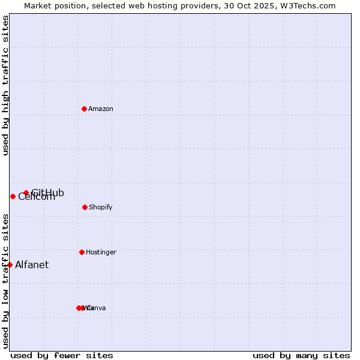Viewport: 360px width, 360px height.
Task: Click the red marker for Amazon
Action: [84, 109]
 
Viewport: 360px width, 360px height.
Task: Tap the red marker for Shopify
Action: [85, 207]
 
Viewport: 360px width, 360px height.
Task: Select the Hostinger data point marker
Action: [82, 252]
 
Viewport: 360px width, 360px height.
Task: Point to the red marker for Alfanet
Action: [10, 265]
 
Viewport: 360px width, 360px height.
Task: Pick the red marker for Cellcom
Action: [13, 196]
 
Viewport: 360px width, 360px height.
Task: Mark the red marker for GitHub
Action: [26, 193]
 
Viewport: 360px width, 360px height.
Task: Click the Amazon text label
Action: [101, 109]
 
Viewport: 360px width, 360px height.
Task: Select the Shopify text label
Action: [101, 207]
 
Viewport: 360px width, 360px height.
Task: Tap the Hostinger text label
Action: [101, 252]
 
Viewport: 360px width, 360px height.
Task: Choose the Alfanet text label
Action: [32, 265]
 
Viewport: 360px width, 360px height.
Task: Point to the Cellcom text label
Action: [37, 197]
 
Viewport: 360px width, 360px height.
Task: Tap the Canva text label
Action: [97, 308]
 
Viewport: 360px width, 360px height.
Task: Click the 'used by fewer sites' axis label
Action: [62, 355]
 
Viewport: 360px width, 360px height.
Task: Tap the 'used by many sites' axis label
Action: [301, 355]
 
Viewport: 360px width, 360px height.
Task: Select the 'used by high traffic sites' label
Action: [5, 86]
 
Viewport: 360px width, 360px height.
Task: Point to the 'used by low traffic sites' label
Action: [5, 281]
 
